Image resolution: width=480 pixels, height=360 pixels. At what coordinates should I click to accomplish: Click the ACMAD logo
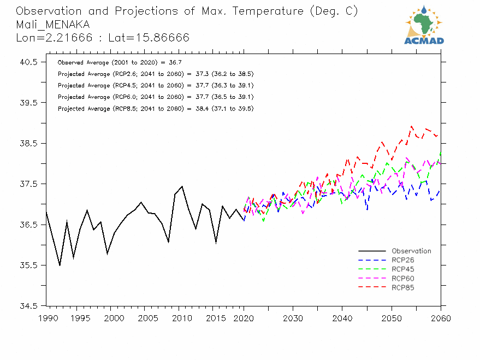tap(424, 25)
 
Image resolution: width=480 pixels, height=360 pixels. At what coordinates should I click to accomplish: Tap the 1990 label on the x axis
tap(47, 318)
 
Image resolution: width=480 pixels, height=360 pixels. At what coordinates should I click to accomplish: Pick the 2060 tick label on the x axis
tap(441, 318)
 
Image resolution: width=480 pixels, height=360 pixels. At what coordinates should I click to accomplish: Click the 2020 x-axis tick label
tap(244, 318)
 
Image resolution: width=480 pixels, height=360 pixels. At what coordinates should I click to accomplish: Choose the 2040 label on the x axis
tap(342, 318)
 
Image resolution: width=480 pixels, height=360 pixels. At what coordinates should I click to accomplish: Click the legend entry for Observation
tap(411, 251)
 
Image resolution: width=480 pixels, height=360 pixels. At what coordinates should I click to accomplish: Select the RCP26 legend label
tap(403, 260)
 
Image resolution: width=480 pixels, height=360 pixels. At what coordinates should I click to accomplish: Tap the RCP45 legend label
tap(403, 269)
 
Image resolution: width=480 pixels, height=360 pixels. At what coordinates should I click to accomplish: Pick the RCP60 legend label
tap(403, 279)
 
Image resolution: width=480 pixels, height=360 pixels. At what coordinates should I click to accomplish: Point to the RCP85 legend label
tap(403, 287)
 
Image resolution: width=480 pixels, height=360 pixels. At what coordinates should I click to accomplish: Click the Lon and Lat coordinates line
tap(103, 38)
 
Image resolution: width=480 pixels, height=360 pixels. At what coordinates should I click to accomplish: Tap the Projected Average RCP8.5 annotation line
tap(155, 109)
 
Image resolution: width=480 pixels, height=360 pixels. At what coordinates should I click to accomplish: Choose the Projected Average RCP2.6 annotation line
tap(155, 74)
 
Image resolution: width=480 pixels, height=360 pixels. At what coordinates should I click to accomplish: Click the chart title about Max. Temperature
tap(187, 11)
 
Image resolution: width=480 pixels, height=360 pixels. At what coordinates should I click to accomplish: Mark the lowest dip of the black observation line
tap(60, 265)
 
